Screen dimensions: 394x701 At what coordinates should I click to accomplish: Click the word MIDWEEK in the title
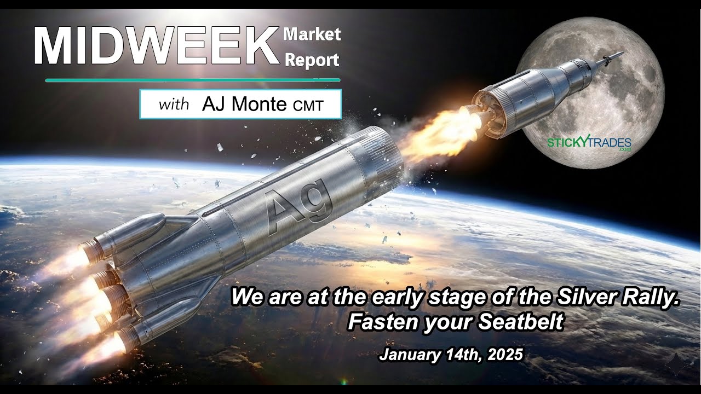[x=156, y=47]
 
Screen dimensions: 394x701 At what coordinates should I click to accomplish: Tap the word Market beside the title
[x=312, y=34]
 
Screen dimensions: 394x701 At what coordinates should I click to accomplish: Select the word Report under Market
[x=312, y=60]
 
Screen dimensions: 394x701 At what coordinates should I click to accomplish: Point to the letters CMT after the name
[x=308, y=106]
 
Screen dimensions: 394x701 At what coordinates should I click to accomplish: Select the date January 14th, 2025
[x=451, y=355]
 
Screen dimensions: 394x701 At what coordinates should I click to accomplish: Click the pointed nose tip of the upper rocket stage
[x=622, y=54]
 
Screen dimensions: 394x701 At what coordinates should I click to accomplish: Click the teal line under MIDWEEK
[x=192, y=80]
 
